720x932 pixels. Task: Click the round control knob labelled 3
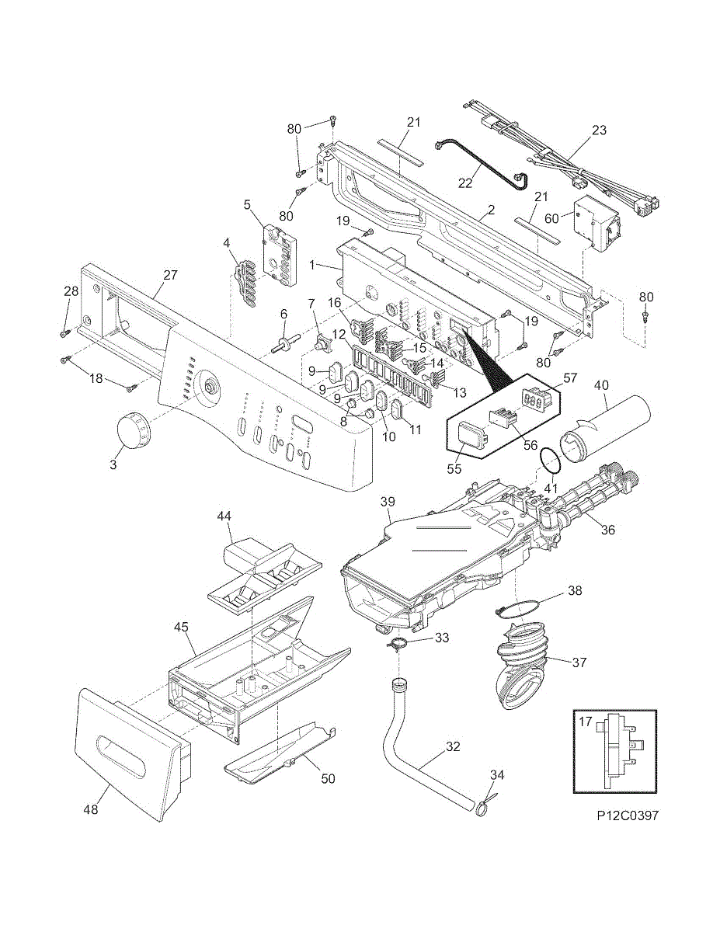click(x=130, y=429)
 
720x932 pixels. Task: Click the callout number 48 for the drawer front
click(x=91, y=809)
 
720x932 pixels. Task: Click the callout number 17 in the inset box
click(x=585, y=722)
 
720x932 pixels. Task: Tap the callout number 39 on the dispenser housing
click(x=388, y=503)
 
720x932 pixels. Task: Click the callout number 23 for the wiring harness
click(x=599, y=130)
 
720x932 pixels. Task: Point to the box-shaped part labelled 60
click(x=595, y=225)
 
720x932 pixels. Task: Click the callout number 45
click(x=180, y=625)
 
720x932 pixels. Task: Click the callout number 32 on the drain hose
click(x=453, y=747)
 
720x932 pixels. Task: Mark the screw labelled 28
click(x=65, y=333)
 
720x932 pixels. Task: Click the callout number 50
click(x=329, y=779)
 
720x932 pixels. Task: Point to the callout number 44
click(x=224, y=516)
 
